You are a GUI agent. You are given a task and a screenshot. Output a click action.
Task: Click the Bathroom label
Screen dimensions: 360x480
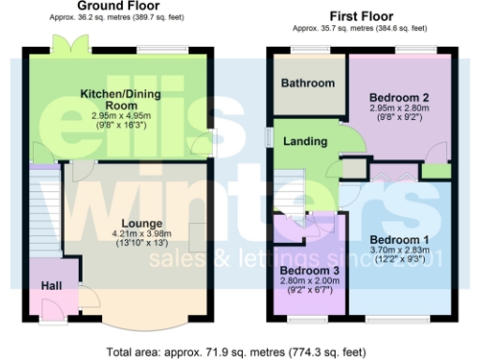pyautogui.click(x=308, y=83)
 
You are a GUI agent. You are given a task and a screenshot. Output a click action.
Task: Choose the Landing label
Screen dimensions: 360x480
pyautogui.click(x=306, y=142)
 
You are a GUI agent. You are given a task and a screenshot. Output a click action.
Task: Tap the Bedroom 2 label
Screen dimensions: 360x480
pyautogui.click(x=398, y=97)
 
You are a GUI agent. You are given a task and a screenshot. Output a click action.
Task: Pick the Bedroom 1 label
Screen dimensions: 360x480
pyautogui.click(x=398, y=239)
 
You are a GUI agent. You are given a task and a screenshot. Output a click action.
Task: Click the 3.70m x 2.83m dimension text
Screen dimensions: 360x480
pyautogui.click(x=398, y=251)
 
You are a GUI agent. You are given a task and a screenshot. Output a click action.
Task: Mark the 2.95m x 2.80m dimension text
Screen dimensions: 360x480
pyautogui.click(x=398, y=109)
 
